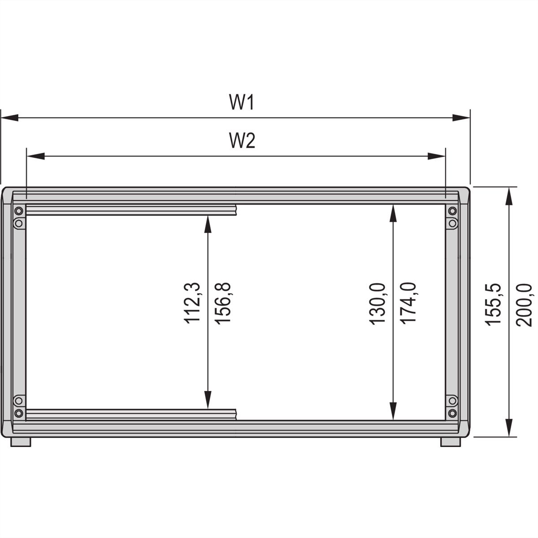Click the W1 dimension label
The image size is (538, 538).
tap(242, 103)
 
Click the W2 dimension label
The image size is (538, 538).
tap(242, 140)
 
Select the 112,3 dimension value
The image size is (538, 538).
tap(192, 303)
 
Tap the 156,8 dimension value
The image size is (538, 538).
tap(222, 304)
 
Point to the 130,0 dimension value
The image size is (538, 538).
tap(377, 304)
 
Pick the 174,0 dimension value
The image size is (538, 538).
tap(408, 304)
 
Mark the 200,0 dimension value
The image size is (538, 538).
tap(524, 305)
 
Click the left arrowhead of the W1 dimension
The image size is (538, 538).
tap(10, 117)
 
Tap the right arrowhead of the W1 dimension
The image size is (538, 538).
tap(461, 117)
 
